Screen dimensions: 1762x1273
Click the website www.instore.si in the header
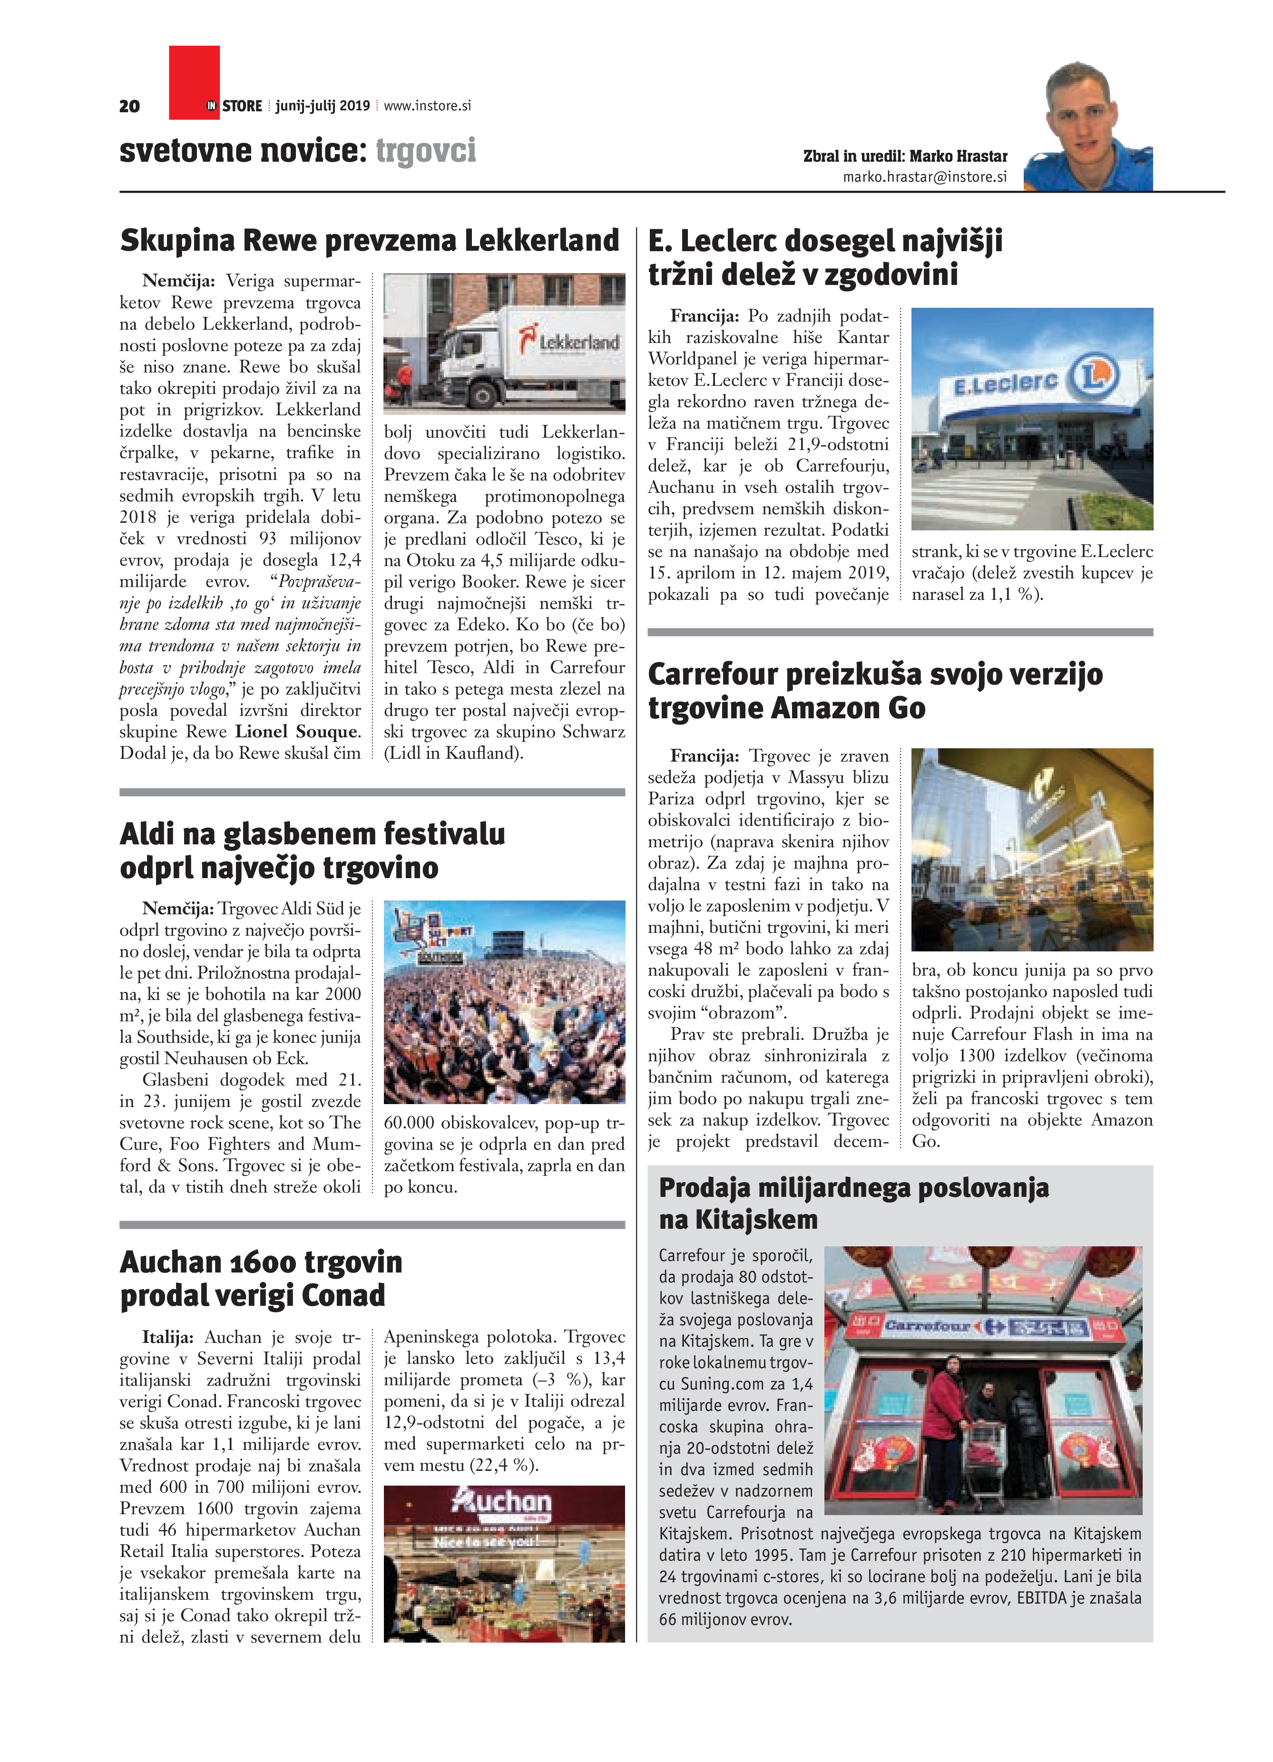[427, 106]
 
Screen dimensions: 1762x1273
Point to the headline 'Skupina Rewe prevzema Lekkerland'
[370, 241]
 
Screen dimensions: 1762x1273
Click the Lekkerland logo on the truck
[571, 340]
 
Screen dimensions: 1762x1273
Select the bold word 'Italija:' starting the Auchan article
[168, 1337]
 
